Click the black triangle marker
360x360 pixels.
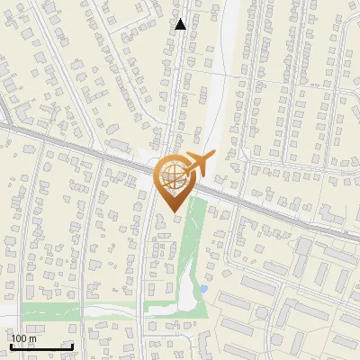[181, 24]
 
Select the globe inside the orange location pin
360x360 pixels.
[171, 177]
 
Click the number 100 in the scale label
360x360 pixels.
[20, 338]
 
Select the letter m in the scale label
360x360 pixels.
[33, 338]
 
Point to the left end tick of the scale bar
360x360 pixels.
[11, 346]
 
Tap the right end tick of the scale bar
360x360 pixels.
[73, 346]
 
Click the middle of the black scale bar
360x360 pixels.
[41, 347]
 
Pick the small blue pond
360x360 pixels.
[203, 289]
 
